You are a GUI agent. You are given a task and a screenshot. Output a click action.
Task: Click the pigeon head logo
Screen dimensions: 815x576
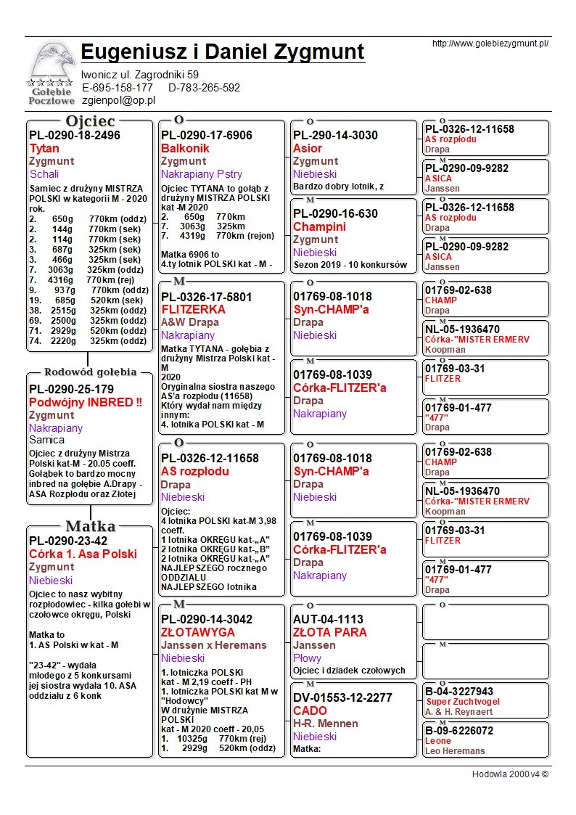coord(51,64)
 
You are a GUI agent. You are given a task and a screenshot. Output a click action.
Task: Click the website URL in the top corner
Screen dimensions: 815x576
coord(490,44)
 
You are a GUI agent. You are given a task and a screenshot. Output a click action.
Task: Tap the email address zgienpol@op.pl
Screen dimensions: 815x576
coord(119,100)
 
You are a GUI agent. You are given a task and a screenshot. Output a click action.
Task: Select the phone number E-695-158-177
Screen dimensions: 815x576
coord(118,88)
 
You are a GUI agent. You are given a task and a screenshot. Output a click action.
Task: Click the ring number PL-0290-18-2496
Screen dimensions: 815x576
coord(75,135)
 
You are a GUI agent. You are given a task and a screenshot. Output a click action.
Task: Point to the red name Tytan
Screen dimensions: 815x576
coord(44,148)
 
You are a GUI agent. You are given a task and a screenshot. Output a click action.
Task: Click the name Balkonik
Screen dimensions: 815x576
coord(185,148)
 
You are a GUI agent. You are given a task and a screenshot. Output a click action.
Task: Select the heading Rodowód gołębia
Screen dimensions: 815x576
coord(91,372)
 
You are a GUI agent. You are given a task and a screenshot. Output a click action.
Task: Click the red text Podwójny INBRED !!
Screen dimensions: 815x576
coord(86,402)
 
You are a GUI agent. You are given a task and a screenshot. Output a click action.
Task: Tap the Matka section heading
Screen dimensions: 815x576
coord(90,526)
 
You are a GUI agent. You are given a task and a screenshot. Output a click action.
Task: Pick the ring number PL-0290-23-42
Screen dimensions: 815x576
coord(68,541)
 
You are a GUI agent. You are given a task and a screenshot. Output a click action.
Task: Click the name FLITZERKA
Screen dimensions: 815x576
coord(193,309)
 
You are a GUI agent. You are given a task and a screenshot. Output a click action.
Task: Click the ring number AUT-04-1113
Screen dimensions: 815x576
coord(328,619)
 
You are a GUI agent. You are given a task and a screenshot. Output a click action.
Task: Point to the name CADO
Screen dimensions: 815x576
coord(310,710)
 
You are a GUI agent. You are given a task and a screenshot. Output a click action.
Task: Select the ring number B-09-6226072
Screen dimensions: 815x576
coord(459,731)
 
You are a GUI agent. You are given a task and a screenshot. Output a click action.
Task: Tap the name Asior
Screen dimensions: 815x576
coord(308,148)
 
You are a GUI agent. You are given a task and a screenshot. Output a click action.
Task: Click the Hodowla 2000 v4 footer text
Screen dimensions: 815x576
coord(510,774)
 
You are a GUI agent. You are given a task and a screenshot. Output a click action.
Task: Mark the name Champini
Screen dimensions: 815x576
coord(319,226)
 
